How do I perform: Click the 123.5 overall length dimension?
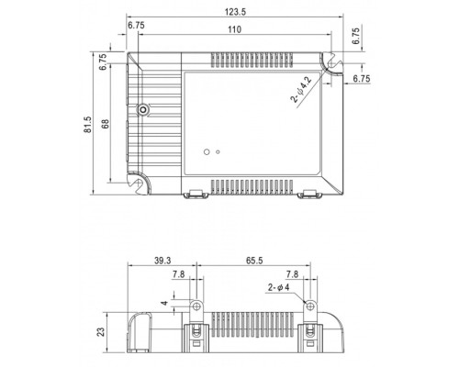[x=230, y=9]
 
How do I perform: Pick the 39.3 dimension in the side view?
[x=162, y=261]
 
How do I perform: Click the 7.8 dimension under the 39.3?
[x=179, y=273]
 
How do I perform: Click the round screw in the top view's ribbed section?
[x=143, y=110]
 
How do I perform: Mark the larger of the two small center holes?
[x=207, y=150]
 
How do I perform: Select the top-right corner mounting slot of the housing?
[x=328, y=61]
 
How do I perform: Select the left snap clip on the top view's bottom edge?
[x=195, y=194]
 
